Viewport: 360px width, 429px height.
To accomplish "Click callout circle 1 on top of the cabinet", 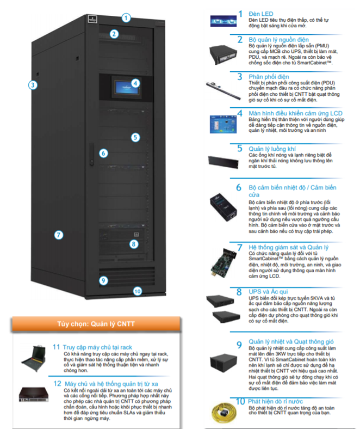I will (x=126, y=17).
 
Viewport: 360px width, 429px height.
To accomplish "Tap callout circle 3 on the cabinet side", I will (x=33, y=84).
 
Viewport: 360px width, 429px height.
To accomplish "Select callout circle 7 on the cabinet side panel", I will (x=58, y=235).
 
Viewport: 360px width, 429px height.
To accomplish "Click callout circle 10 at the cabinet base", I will (x=137, y=291).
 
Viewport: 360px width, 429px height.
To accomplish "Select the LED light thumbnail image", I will (x=222, y=21).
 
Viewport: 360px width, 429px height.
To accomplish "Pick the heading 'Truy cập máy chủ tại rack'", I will (x=98, y=347).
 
